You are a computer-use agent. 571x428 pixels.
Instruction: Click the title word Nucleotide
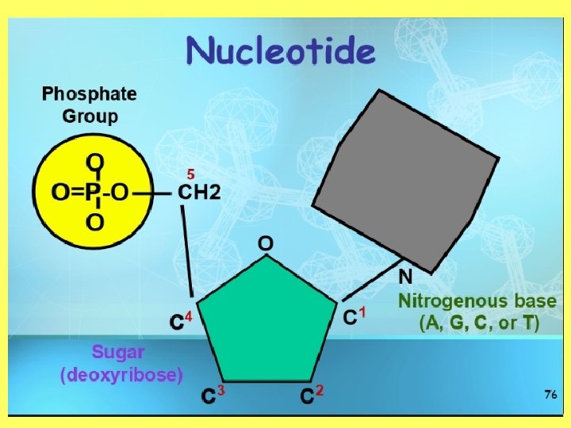click(280, 52)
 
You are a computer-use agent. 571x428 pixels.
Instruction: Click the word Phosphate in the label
click(89, 94)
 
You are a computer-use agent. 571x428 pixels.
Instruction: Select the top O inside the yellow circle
click(94, 162)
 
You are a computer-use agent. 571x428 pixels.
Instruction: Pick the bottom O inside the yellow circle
click(94, 222)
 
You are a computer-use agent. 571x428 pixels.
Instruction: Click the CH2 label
click(200, 192)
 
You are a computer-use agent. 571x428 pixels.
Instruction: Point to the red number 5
click(190, 172)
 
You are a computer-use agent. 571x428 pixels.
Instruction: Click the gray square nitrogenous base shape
click(407, 178)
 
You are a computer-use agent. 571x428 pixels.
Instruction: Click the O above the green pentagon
click(266, 243)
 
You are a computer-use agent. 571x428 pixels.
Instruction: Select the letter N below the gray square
click(404, 277)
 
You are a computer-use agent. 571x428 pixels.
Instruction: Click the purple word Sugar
click(119, 350)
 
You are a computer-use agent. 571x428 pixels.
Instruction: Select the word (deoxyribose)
click(122, 373)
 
